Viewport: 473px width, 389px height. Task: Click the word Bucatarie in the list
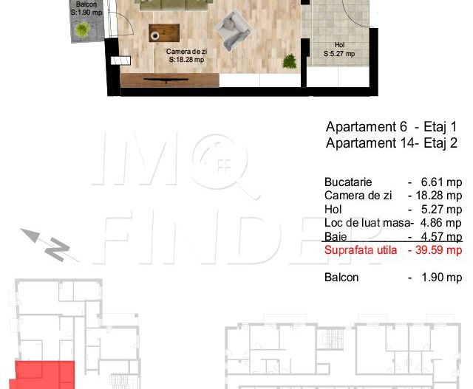pyautogui.click(x=348, y=182)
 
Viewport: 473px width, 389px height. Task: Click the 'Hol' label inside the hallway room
pyautogui.click(x=339, y=45)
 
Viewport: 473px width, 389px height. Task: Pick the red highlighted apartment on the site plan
pyautogui.click(x=45, y=374)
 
